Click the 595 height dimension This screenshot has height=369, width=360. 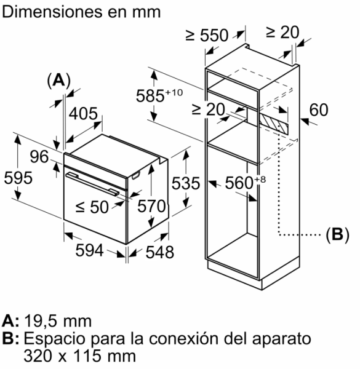coord(18,178)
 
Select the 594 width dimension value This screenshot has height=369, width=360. coord(89,250)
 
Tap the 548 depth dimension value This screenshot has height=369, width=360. coord(160,252)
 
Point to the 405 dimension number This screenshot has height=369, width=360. coord(83,113)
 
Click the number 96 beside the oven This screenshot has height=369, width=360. coord(39,157)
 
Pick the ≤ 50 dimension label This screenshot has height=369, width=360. coord(92,207)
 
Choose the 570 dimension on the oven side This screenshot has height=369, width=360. coord(152,206)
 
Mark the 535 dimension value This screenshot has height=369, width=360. coord(186,183)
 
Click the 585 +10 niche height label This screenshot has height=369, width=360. coord(159,95)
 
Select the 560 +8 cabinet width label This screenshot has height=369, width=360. coord(246,183)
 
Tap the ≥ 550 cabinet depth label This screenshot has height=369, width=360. coord(207,35)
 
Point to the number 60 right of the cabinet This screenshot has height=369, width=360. coord(319,109)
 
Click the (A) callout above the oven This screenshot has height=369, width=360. coord(59,81)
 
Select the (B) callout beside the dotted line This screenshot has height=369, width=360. coord(337,235)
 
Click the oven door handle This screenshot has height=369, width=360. coord(92,184)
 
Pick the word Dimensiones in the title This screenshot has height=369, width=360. coord(52,12)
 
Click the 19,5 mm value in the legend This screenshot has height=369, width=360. coord(58,321)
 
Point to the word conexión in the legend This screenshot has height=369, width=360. coord(184,338)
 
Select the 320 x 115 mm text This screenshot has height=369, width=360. coord(79,355)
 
